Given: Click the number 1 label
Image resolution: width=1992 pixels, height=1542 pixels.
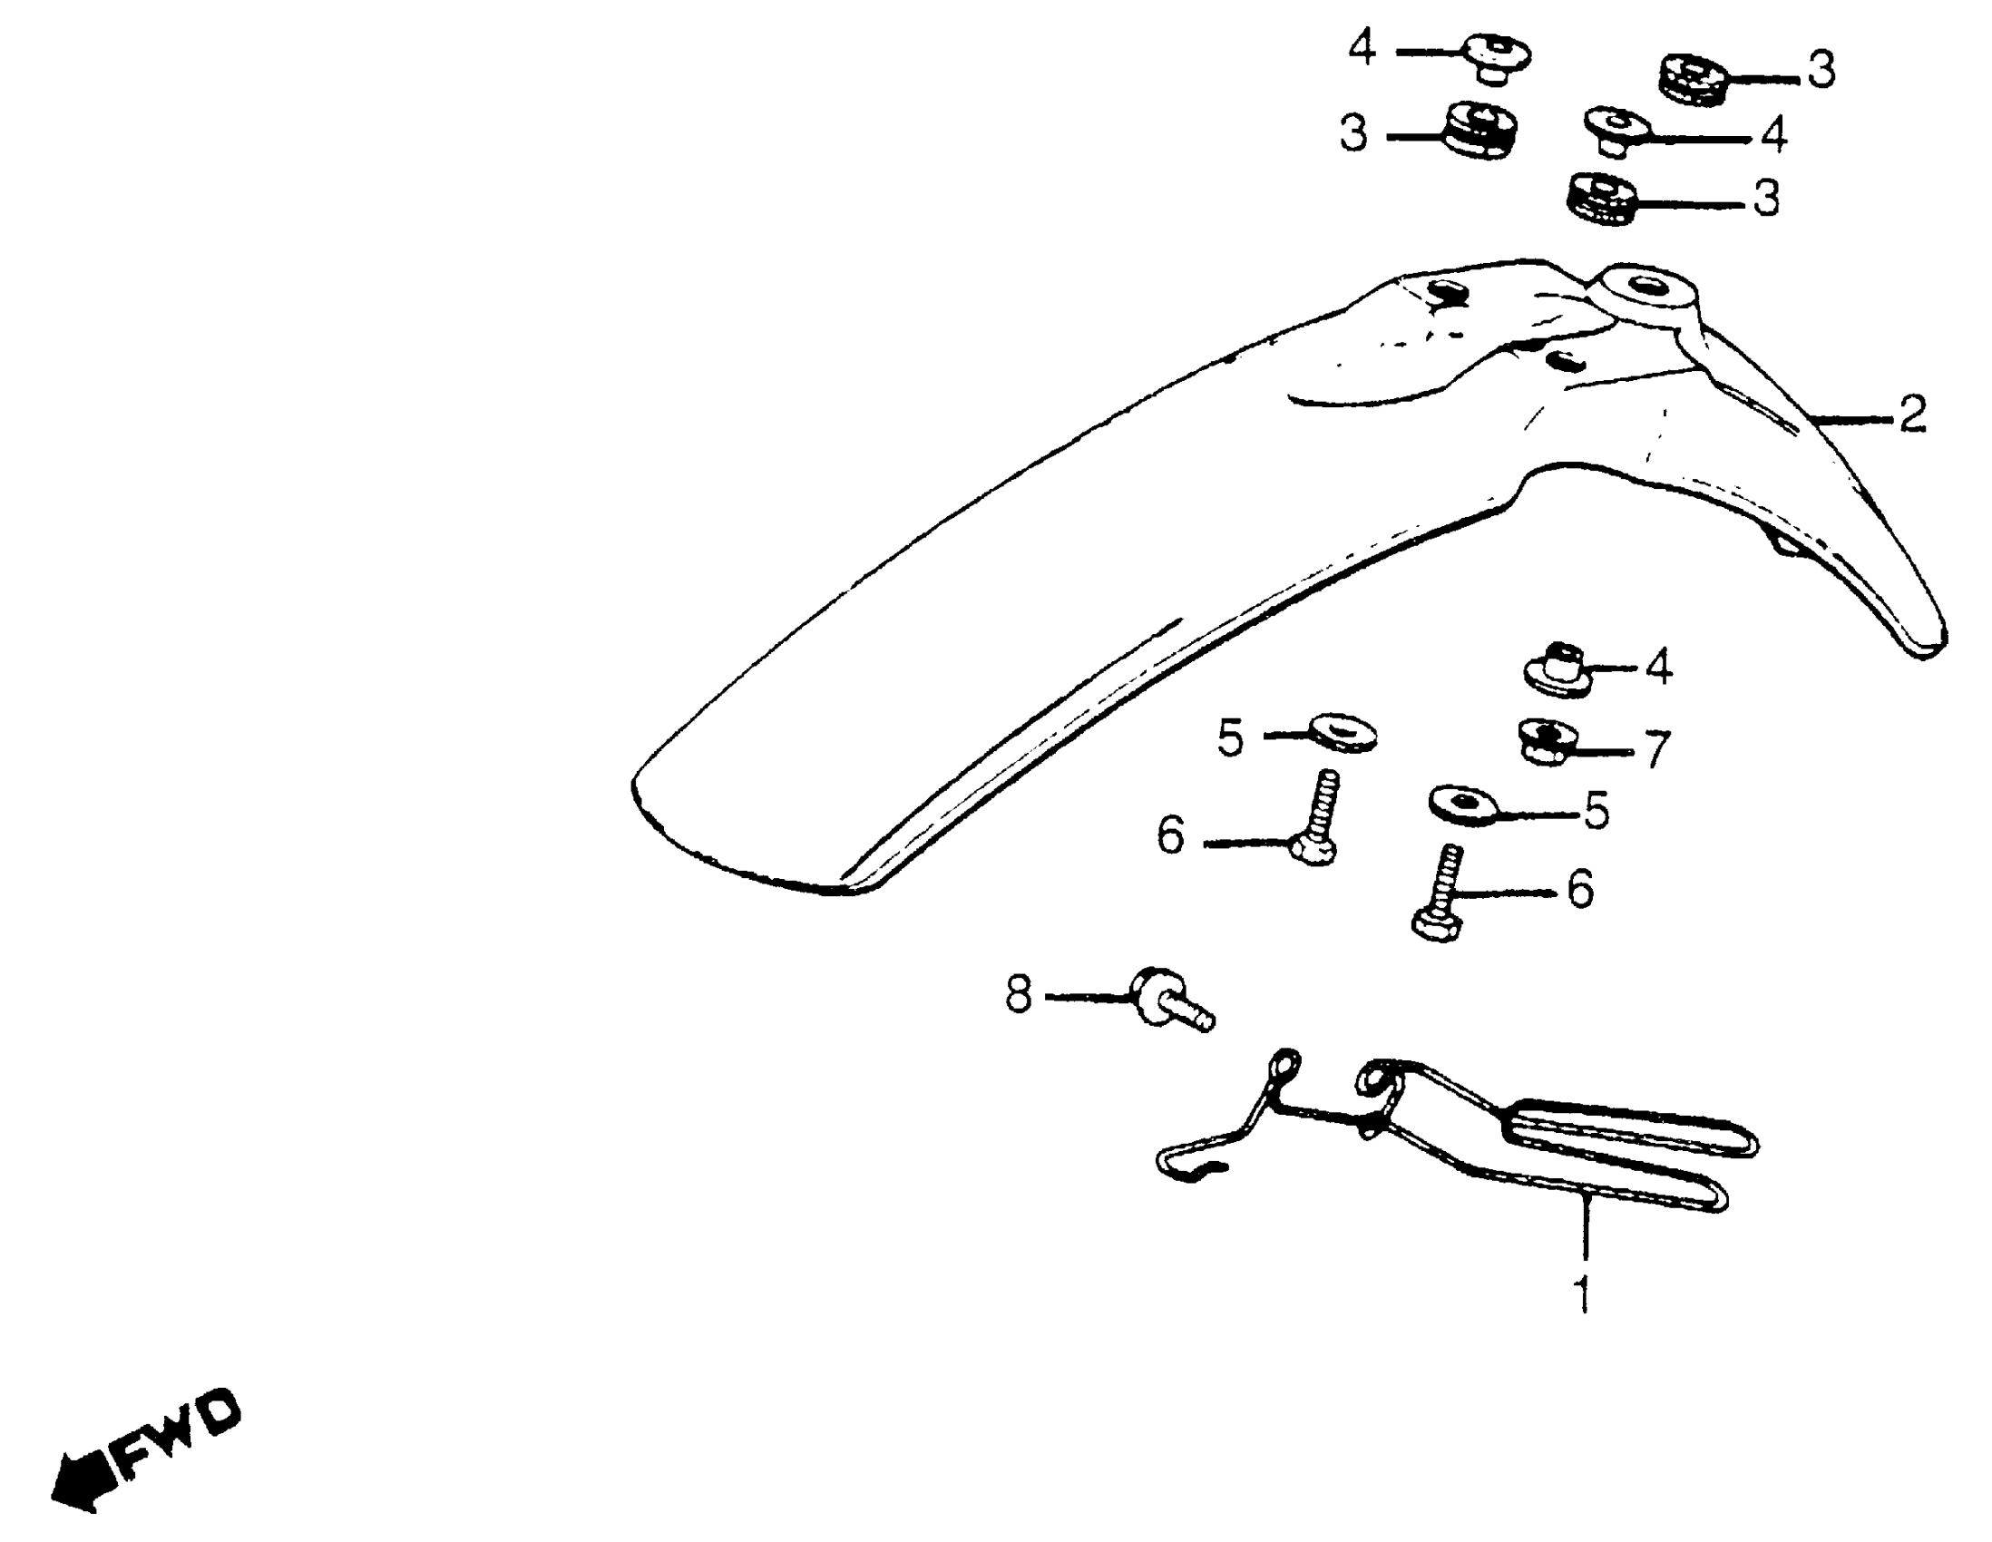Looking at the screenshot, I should click(x=1585, y=1293).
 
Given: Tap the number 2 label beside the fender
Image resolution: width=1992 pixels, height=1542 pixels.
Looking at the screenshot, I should click(x=1913, y=415).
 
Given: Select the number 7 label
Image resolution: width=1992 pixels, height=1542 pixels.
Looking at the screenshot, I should click(x=1657, y=748).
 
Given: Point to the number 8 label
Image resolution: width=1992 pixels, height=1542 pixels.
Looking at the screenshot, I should click(x=1018, y=994).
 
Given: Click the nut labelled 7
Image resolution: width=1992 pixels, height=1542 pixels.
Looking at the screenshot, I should click(x=1547, y=740).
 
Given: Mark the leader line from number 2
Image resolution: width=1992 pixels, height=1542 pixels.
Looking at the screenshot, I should click(x=1851, y=419).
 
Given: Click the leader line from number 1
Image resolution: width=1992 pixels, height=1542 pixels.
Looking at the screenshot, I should click(x=1586, y=1231).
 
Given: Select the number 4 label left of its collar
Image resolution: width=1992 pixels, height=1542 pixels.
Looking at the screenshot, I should click(x=1362, y=47).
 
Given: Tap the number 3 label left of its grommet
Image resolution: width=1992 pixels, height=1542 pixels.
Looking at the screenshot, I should click(x=1353, y=133).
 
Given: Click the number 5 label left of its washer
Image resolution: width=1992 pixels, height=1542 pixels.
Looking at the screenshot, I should click(x=1230, y=737).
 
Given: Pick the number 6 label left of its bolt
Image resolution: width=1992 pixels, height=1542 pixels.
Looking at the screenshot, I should click(x=1171, y=834).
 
